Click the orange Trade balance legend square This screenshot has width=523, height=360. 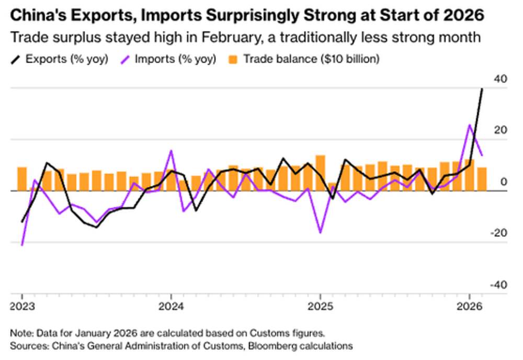click(x=234, y=59)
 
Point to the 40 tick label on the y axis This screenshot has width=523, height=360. click(x=500, y=79)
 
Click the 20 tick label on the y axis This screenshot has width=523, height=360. click(x=500, y=130)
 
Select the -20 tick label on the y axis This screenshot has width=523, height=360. click(x=498, y=233)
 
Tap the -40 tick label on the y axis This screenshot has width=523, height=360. click(x=498, y=285)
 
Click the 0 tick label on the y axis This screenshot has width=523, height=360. click(x=503, y=182)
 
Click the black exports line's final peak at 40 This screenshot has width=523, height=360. click(x=482, y=89)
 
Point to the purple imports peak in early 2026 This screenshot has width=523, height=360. click(x=470, y=125)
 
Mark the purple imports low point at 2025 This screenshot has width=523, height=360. click(x=321, y=232)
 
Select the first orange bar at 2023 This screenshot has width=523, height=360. click(x=22, y=179)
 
